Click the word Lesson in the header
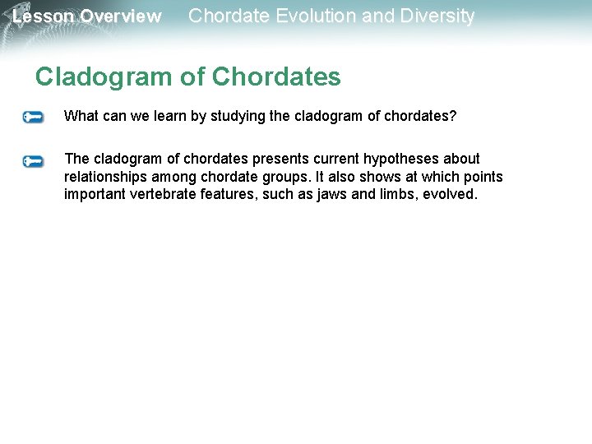coord(43,16)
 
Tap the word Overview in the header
coord(121,16)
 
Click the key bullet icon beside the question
coord(33,118)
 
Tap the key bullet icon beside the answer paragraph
coord(33,161)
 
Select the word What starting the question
coord(81,116)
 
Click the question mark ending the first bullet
coord(452,116)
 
